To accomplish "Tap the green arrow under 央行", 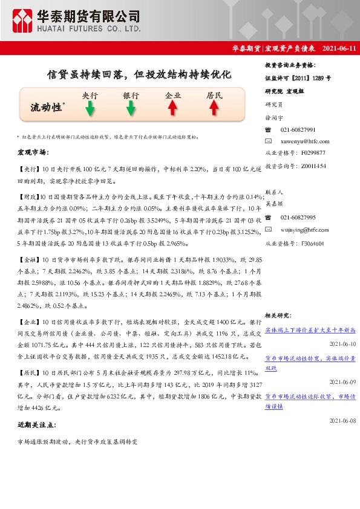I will tap(90, 108).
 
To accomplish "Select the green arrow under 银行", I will tap(131, 108).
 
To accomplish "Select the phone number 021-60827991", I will tap(298, 130).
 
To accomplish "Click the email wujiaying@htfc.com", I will tap(305, 230).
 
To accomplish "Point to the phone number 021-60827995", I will tap(298, 217).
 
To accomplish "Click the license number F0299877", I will tap(313, 153).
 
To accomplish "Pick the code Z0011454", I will tap(313, 166).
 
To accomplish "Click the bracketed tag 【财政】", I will tap(28, 197).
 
